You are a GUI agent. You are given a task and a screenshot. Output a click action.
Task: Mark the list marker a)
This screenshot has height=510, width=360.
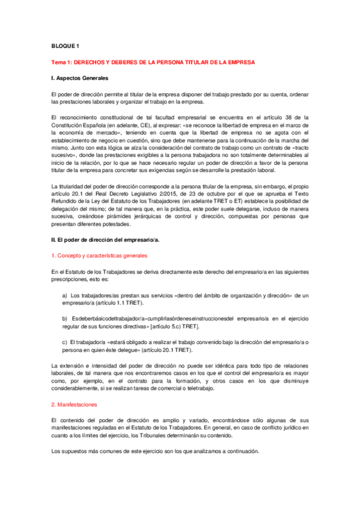(65, 295)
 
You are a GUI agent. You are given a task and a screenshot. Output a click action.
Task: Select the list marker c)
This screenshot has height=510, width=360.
(65, 342)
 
